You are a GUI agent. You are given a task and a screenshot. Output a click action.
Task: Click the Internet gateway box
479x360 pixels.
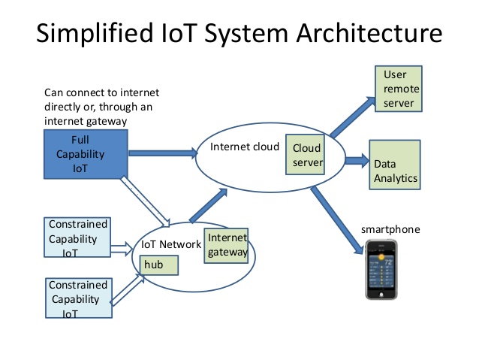[226, 244]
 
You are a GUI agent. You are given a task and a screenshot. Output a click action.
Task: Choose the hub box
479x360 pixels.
[159, 264]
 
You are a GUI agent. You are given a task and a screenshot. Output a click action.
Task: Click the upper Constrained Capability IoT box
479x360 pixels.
[77, 238]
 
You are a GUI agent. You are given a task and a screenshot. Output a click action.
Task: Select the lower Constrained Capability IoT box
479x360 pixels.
[77, 299]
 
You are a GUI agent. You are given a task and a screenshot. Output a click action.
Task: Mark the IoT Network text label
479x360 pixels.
[170, 244]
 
